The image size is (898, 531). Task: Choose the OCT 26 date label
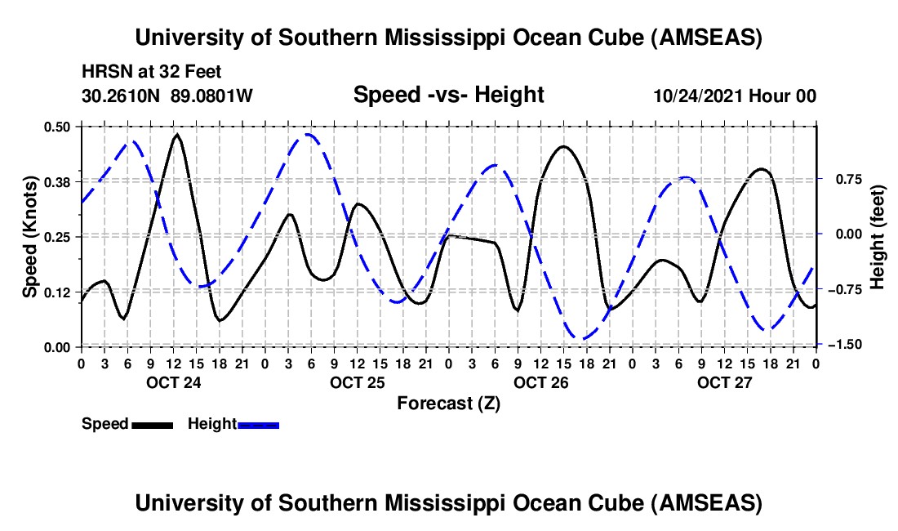coord(540,382)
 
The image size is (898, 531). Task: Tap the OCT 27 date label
coord(723,382)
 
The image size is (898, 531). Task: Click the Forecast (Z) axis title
coord(448,403)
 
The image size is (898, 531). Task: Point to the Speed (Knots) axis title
coord(29,236)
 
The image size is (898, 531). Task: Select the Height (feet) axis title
coord(878,236)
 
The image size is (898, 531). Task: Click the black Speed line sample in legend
coord(152,425)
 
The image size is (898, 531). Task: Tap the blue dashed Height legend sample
coord(258,425)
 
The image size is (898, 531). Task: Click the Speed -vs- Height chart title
coord(448,95)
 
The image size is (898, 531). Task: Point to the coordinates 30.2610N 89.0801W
coord(167,96)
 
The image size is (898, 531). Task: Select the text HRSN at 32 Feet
coord(152,72)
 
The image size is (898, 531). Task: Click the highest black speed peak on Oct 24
coord(177,134)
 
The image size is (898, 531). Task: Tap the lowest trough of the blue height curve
coord(582,338)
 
